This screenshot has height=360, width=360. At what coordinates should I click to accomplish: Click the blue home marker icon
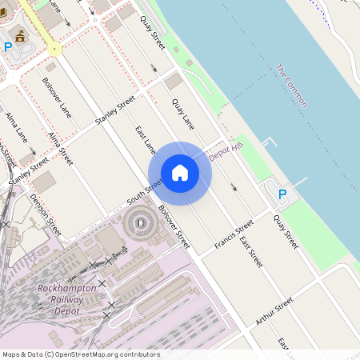coord(180,173)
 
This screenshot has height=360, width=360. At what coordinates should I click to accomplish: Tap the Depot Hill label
coord(224,152)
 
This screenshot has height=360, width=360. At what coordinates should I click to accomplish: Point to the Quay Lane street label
coord(183,114)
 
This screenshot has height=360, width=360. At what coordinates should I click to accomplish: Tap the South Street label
coord(145,189)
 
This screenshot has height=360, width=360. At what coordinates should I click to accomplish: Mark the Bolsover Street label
coord(175,227)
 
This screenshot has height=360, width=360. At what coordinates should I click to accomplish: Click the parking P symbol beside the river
coord(282,194)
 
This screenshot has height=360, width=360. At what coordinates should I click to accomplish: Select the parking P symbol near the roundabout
coord(8,47)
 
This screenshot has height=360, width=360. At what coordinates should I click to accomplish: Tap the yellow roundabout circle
coord(54,50)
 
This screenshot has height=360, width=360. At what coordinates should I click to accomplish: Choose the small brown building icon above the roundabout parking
coord(20,35)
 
